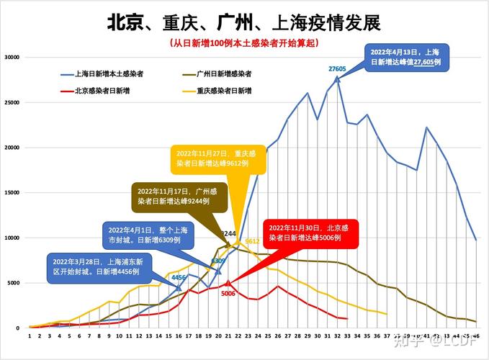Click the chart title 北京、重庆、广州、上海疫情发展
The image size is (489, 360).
[243, 23]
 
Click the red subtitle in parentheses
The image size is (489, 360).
[243, 44]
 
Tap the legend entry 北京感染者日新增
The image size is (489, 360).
[100, 91]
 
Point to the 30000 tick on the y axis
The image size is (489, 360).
[12, 58]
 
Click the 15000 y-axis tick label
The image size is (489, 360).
[12, 193]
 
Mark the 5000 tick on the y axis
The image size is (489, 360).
[14, 283]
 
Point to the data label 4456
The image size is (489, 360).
[179, 277]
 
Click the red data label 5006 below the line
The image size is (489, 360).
[228, 294]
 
